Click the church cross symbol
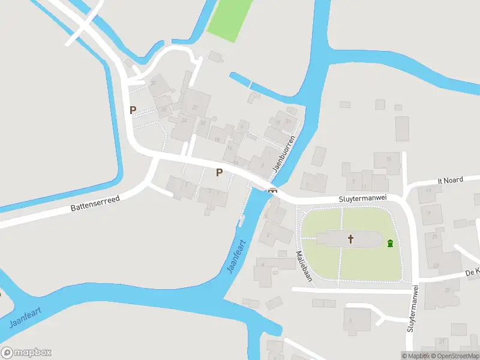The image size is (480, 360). point(351,239)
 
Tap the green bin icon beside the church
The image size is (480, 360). point(391,244)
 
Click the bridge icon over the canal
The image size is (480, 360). point(273,191)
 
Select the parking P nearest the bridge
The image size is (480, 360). point(219,173)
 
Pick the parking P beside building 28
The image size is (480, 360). point(133,110)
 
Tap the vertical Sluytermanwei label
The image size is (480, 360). point(413,308)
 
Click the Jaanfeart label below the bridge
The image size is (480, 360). point(236,257)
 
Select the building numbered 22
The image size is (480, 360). point(194,107)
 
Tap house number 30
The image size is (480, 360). point(154,83)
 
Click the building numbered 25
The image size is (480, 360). point(448,290)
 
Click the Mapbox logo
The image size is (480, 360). point(26,353)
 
